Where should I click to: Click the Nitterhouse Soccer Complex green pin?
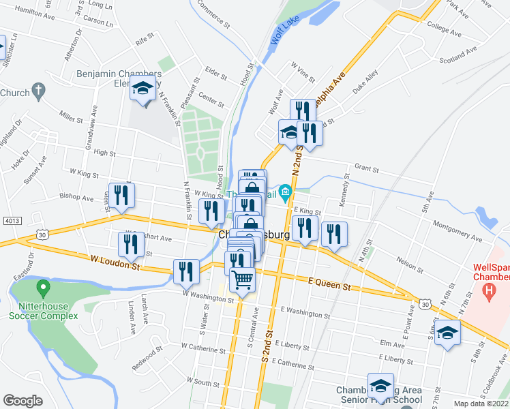(43, 289)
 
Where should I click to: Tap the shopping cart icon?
(242, 279)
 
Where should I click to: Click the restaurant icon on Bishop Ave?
(121, 195)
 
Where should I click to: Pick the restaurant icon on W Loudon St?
(185, 271)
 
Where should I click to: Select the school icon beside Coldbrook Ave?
(447, 333)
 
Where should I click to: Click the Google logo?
(22, 401)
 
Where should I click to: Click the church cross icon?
(39, 91)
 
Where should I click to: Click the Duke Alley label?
(365, 85)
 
